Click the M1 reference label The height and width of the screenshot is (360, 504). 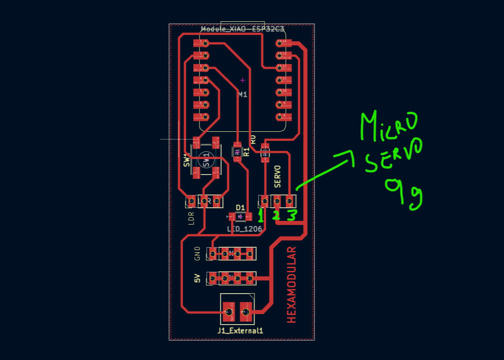click(x=243, y=95)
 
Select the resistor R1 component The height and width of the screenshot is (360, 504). click(x=237, y=151)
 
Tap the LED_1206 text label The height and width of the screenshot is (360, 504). click(x=245, y=230)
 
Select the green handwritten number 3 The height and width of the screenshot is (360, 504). click(x=291, y=215)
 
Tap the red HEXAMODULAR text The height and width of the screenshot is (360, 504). click(x=291, y=285)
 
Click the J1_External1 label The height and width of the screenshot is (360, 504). click(x=240, y=330)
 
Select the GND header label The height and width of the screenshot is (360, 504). click(x=197, y=253)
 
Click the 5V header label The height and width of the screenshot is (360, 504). click(x=197, y=278)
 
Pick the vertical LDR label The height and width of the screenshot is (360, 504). click(x=191, y=218)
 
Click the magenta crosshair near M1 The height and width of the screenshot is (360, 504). click(x=243, y=80)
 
